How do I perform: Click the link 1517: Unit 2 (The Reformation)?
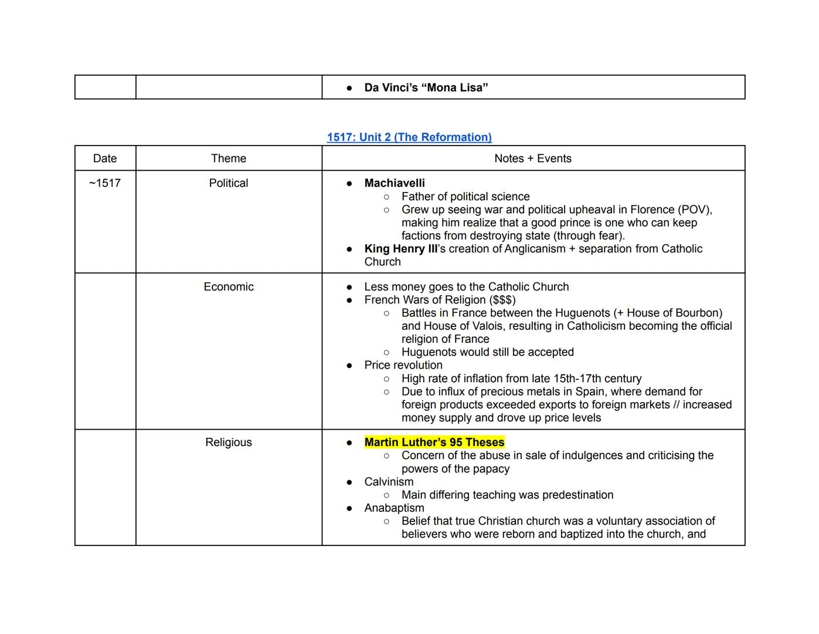click(x=409, y=137)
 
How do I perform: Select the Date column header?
click(x=105, y=158)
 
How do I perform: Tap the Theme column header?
click(x=229, y=158)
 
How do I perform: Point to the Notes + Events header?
click(x=533, y=158)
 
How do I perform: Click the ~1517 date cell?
click(x=105, y=183)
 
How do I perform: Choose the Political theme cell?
click(x=229, y=183)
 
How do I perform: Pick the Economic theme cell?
click(x=229, y=287)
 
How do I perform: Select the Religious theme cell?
click(x=229, y=443)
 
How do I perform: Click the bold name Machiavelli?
click(x=395, y=183)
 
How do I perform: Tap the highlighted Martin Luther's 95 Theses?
click(x=434, y=443)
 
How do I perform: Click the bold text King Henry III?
click(x=400, y=249)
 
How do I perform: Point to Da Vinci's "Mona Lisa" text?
click(x=426, y=88)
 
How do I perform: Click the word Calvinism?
click(x=389, y=482)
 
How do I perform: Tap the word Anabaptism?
click(x=394, y=508)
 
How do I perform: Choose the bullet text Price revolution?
click(x=403, y=365)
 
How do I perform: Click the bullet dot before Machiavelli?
click(x=349, y=184)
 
